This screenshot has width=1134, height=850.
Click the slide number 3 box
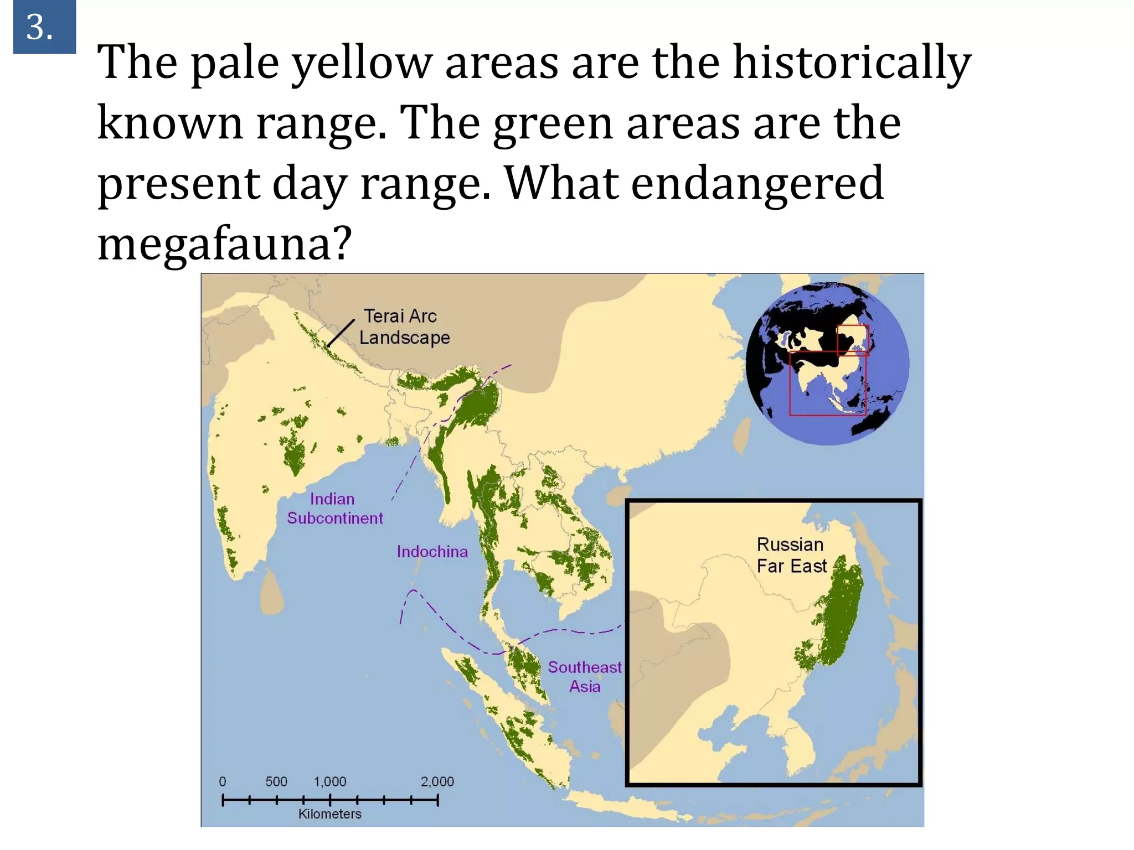(x=44, y=27)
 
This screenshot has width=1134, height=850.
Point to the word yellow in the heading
(x=361, y=63)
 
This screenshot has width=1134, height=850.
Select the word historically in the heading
(x=852, y=63)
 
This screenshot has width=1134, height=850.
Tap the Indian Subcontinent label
(x=334, y=508)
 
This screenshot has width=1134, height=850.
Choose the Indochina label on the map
(x=432, y=551)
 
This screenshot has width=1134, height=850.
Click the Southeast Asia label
(x=585, y=676)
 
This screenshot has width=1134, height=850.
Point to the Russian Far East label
(x=791, y=555)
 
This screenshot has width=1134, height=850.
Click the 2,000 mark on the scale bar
(x=437, y=781)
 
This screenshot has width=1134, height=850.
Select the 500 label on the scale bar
(x=276, y=781)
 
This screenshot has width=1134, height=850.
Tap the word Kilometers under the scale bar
(x=329, y=813)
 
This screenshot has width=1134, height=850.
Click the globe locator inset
(x=827, y=364)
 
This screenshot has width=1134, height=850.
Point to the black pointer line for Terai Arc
(x=341, y=333)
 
